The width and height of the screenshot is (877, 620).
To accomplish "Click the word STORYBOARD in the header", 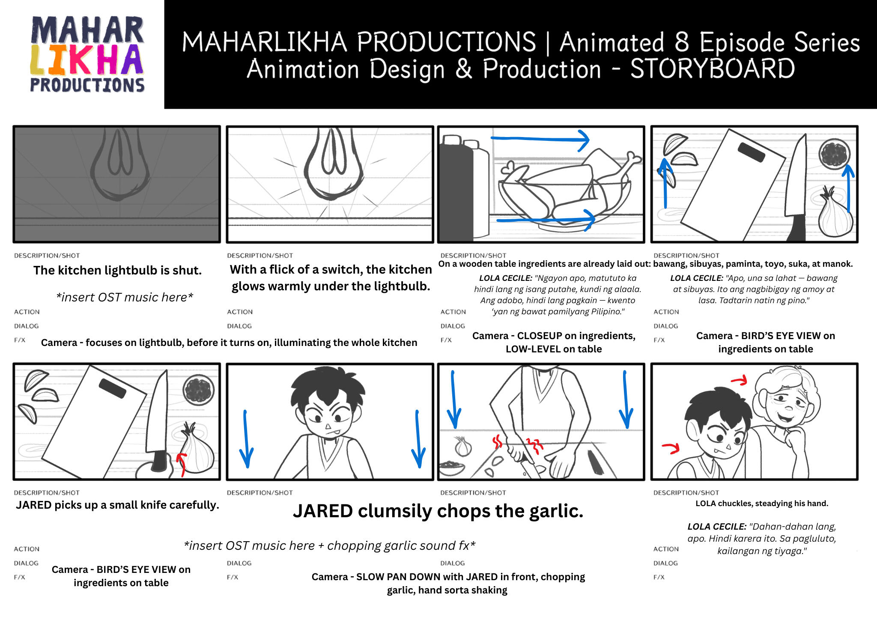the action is pyautogui.click(x=713, y=69).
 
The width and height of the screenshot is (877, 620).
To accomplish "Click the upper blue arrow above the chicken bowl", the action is pyautogui.click(x=540, y=139).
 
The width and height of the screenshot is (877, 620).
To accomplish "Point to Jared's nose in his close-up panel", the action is pyautogui.click(x=328, y=426).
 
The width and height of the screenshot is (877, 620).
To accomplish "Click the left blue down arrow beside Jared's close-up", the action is pyautogui.click(x=246, y=439).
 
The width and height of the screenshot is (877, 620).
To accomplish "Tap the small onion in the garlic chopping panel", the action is pyautogui.click(x=463, y=446).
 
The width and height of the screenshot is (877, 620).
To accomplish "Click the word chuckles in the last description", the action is pyautogui.click(x=736, y=504).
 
